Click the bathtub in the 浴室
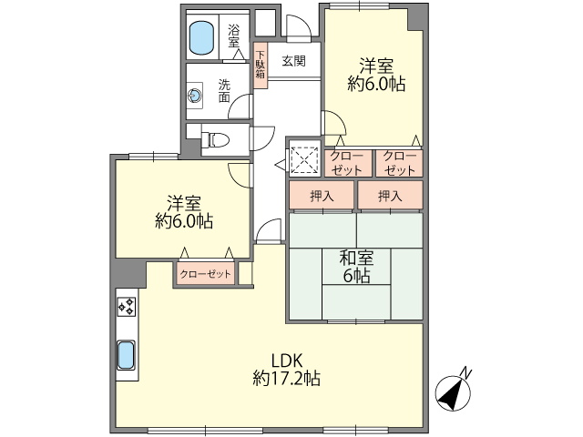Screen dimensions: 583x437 point(202,37)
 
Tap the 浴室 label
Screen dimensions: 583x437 point(234,36)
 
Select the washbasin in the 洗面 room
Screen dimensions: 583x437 point(195,96)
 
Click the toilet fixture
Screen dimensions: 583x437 point(219,140)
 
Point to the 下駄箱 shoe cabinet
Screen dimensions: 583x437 point(261,66)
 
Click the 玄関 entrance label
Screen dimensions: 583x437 point(293,61)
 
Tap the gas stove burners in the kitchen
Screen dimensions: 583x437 point(127,307)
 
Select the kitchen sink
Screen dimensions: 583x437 point(126,355)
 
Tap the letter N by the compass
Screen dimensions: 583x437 point(465,372)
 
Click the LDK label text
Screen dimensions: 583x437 point(286,361)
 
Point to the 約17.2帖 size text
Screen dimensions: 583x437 point(286,379)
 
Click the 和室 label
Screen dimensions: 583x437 point(356,258)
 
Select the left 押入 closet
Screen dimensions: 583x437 point(322,195)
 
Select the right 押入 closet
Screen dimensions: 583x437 point(391,195)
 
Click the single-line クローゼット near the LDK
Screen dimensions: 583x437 point(206,274)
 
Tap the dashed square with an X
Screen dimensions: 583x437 point(305,160)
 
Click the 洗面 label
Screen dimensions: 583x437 point(224,91)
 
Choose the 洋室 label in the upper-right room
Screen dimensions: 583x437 point(376,66)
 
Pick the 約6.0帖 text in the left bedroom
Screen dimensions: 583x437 point(184,222)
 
